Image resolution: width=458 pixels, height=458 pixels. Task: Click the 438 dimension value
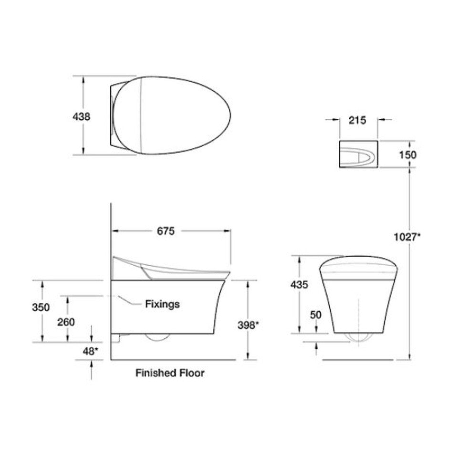[x=82, y=116]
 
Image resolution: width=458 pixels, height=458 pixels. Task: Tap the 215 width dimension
[x=357, y=120]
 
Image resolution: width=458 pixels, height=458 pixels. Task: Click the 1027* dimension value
[x=408, y=236]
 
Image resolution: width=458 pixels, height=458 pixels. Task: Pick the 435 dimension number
[x=299, y=285]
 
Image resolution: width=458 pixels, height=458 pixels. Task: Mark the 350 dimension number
[x=41, y=307]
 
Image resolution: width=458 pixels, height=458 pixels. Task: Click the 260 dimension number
[x=66, y=322]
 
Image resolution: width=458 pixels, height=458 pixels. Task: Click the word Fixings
[x=162, y=304]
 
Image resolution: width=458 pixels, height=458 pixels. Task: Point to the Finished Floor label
[x=170, y=373]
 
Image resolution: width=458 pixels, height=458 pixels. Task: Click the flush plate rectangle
[x=358, y=154]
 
